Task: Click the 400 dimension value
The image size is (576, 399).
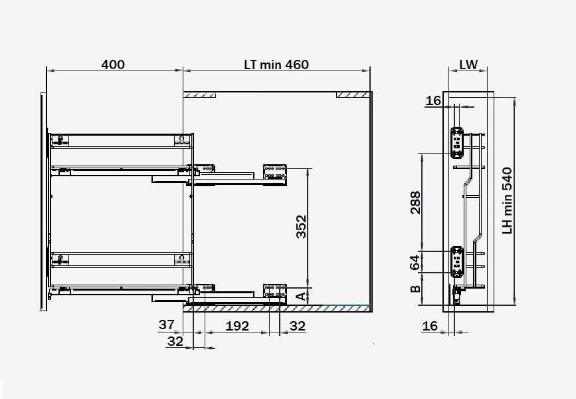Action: [x=113, y=65]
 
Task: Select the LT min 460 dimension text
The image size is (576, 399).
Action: [x=276, y=65]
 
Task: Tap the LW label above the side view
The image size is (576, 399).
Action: [x=468, y=65]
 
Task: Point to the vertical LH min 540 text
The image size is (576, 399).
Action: [x=508, y=201]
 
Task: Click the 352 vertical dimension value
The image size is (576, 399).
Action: [x=301, y=227]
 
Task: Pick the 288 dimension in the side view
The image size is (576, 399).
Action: [x=415, y=202]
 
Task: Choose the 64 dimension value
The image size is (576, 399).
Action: [x=415, y=262]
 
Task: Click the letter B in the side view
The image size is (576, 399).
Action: [x=415, y=289]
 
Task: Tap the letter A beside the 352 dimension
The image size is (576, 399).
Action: [x=301, y=297]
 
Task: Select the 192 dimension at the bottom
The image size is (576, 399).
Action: [x=237, y=326]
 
